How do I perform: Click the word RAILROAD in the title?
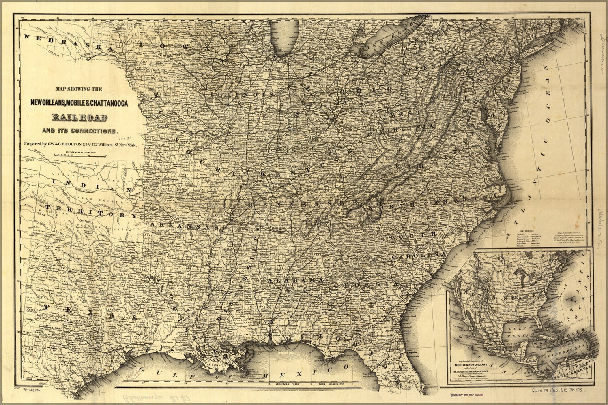79,118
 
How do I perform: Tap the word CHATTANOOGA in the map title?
107,104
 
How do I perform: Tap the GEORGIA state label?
366,285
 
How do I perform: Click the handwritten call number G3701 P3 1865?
554,392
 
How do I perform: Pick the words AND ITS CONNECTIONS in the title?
79,131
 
